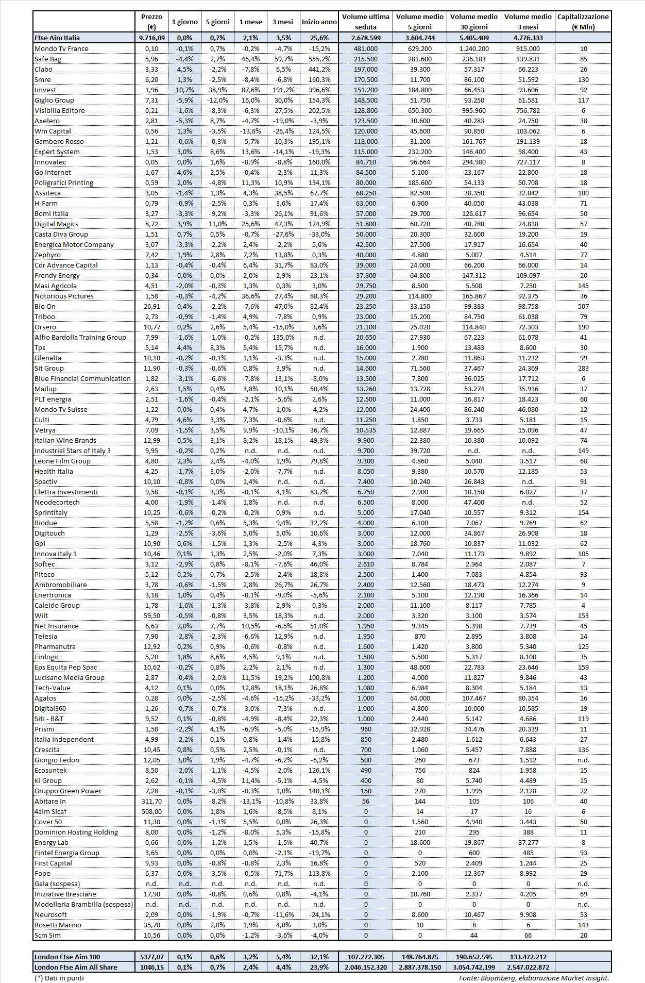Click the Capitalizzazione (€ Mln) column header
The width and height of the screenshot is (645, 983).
click(583, 22)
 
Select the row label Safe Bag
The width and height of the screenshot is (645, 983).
click(48, 59)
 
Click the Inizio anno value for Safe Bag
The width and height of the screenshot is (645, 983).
click(319, 59)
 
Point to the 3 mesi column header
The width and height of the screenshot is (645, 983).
click(283, 22)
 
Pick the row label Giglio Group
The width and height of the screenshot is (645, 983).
click(54, 100)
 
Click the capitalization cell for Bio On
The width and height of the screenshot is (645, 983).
click(583, 306)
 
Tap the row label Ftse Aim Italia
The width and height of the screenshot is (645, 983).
click(57, 38)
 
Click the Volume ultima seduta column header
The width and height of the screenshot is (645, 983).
click(366, 22)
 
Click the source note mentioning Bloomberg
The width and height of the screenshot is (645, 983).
click(534, 977)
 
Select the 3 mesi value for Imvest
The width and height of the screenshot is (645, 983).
click(283, 90)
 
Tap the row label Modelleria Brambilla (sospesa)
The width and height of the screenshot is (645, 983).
click(83, 904)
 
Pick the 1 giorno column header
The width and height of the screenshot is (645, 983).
click(184, 22)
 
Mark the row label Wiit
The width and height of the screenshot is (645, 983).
click(41, 615)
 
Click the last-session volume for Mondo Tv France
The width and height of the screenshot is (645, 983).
click(366, 48)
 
